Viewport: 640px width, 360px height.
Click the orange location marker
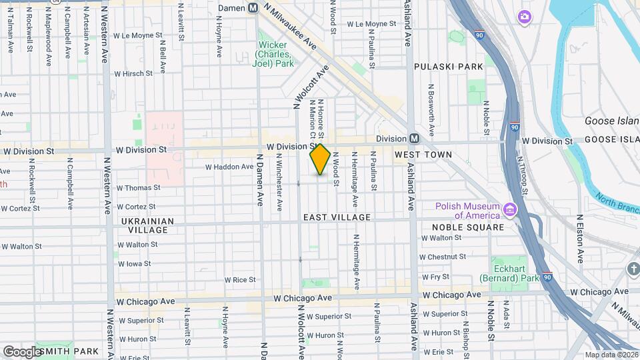coord(320,159)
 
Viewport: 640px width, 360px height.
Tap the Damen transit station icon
coord(253,8)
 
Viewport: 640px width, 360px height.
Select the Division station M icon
coord(414,138)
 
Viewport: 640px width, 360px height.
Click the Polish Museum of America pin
coord(510,210)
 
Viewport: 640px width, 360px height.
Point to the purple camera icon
coord(525,16)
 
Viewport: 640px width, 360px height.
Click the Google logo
coord(21,351)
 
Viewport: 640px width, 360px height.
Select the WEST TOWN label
coord(423,155)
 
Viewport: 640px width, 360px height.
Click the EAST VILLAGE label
coord(337,217)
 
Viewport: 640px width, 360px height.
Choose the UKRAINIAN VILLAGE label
coord(148,225)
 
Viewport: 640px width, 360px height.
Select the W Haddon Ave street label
coord(229,167)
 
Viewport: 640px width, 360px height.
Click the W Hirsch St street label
coord(138,75)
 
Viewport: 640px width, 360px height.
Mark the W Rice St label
coord(240,280)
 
